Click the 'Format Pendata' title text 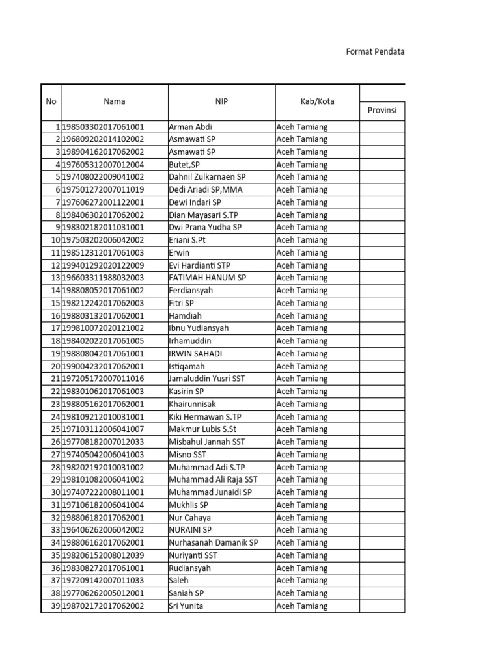pos(375,51)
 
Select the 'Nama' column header pos(115,101)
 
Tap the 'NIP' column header pos(222,101)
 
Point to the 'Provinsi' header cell pos(382,111)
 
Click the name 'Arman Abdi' pos(190,127)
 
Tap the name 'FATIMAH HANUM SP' pos(207,278)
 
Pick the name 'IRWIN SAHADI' pos(195,353)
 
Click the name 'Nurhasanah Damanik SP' pos(213,542)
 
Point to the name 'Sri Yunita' pos(186,606)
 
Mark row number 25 pos(55,429)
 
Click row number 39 pos(55,606)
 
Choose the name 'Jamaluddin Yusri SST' pos(208,379)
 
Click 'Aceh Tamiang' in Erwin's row pos(302,252)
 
